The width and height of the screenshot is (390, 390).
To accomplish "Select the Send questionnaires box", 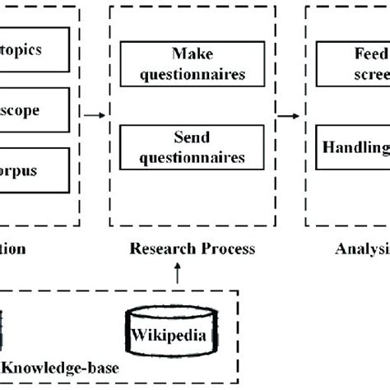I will pos(192,145).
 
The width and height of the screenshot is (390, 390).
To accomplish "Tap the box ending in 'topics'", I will pos(34,49).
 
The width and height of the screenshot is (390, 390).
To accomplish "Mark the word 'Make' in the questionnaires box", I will pos(192,53).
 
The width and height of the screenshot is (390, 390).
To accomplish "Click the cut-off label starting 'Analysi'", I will pos(363,248).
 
